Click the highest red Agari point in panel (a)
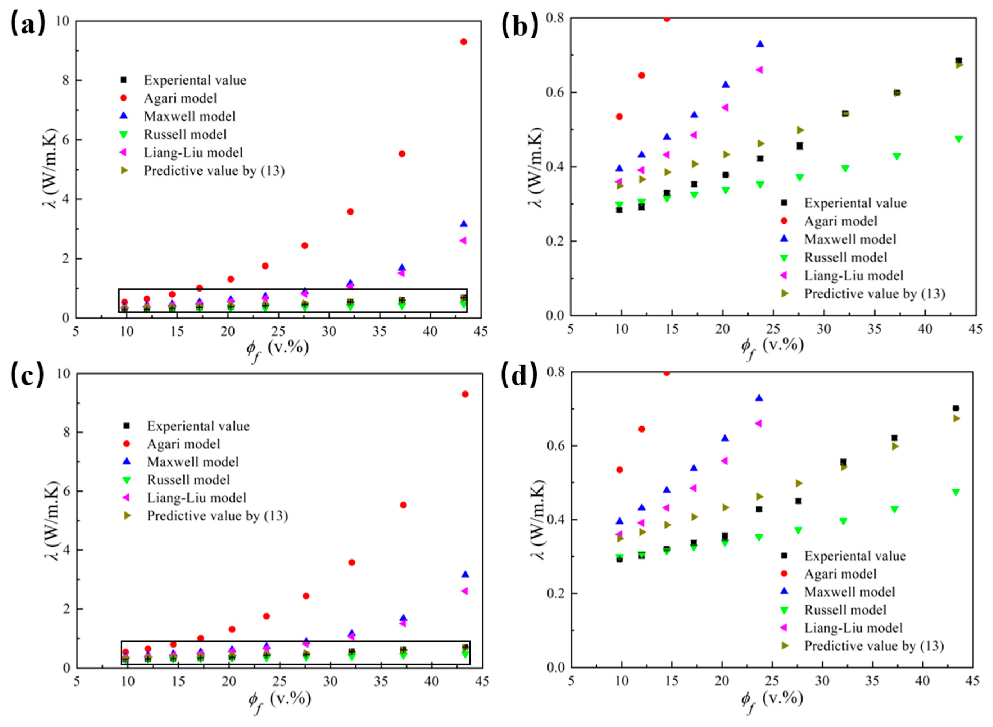(x=463, y=42)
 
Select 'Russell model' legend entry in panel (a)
(x=185, y=134)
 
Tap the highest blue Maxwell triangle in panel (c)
(x=465, y=574)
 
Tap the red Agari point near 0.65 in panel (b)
(x=642, y=75)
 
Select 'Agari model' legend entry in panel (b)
(x=840, y=221)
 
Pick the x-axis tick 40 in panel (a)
(x=430, y=332)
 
